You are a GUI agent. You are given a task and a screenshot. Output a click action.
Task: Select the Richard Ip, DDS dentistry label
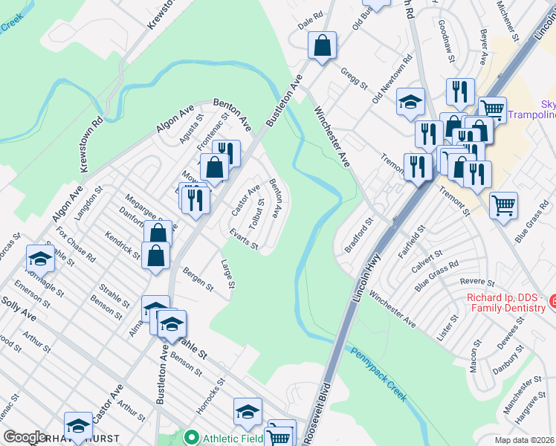[505, 303]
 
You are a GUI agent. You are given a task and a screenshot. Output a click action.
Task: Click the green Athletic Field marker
[192, 439]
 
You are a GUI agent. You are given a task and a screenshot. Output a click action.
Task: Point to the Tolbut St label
[257, 213]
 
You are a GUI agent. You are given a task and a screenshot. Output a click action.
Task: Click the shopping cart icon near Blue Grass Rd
[503, 204]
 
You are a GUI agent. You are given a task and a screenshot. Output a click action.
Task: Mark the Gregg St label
[355, 77]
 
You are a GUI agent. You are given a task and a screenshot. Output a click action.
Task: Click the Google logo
[25, 438]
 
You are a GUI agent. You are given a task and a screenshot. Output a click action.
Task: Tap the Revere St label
[477, 282]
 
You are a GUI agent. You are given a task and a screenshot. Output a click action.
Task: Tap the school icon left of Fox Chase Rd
[40, 259]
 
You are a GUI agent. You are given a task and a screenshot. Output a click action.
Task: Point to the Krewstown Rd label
[91, 144]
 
